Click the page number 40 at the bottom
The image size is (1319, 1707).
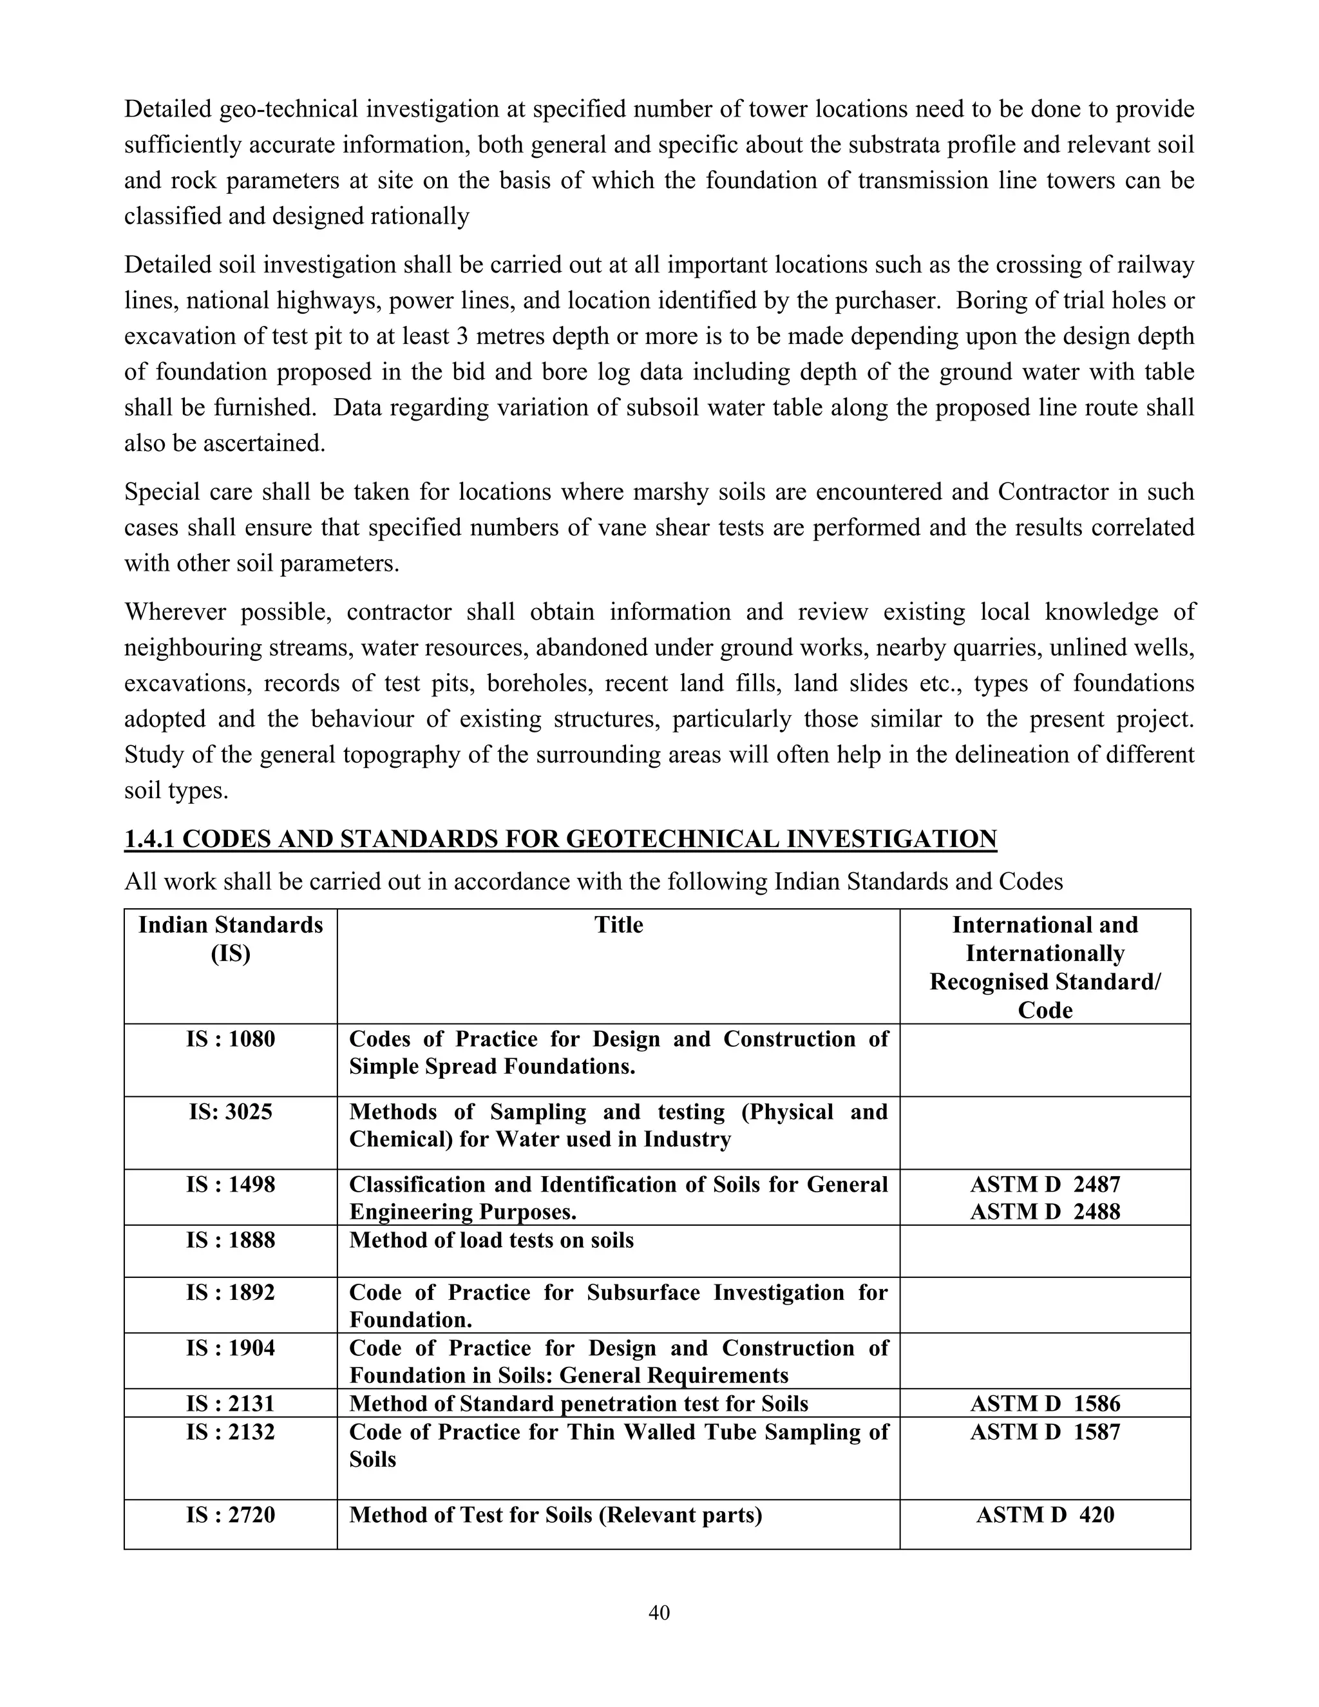click(x=659, y=1612)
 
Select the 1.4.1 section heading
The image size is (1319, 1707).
click(x=560, y=839)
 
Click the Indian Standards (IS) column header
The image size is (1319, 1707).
click(x=231, y=939)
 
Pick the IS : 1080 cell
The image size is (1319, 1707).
click(x=231, y=1039)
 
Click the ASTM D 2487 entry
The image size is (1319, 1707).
click(x=1045, y=1184)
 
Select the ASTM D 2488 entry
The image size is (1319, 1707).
click(x=1045, y=1212)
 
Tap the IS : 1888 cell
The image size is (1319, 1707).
click(x=231, y=1241)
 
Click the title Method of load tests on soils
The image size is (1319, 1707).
click(x=491, y=1241)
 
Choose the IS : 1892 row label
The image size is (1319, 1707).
click(x=231, y=1292)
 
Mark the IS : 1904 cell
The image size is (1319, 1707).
click(x=231, y=1348)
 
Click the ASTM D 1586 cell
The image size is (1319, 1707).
click(x=1045, y=1403)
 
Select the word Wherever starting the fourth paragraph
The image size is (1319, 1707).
click(x=175, y=611)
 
